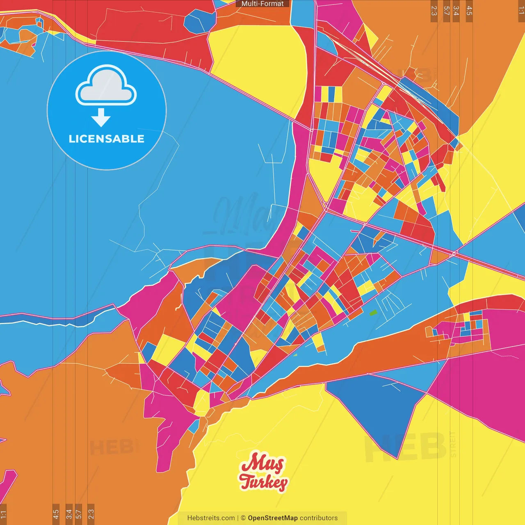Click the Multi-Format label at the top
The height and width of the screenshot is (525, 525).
[x=262, y=4]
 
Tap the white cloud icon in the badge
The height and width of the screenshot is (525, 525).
[x=106, y=86]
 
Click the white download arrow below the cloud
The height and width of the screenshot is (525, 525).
[x=101, y=118]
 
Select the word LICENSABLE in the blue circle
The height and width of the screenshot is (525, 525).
[x=106, y=139]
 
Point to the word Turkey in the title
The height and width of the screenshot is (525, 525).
[x=263, y=482]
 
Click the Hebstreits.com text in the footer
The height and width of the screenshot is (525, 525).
[x=211, y=518]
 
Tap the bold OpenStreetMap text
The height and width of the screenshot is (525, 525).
[x=272, y=518]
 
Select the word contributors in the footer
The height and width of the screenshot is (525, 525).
[x=319, y=518]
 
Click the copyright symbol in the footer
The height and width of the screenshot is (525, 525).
[x=243, y=518]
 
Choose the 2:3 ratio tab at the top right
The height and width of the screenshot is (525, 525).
[x=434, y=11]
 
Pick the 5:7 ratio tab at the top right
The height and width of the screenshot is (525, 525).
[x=446, y=11]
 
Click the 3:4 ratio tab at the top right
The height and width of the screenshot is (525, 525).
[x=456, y=11]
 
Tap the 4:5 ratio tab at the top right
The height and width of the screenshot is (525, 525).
[x=469, y=11]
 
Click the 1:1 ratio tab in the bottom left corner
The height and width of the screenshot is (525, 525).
[x=3, y=514]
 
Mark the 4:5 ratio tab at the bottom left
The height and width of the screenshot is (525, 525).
[x=56, y=514]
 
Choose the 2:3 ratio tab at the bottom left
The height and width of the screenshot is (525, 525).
[x=91, y=514]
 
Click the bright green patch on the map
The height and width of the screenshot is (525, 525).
[x=373, y=313]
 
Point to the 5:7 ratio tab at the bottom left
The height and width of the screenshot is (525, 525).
[x=79, y=514]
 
